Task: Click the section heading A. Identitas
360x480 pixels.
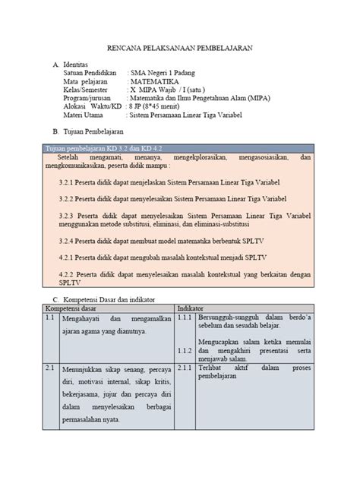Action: (x=74, y=66)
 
